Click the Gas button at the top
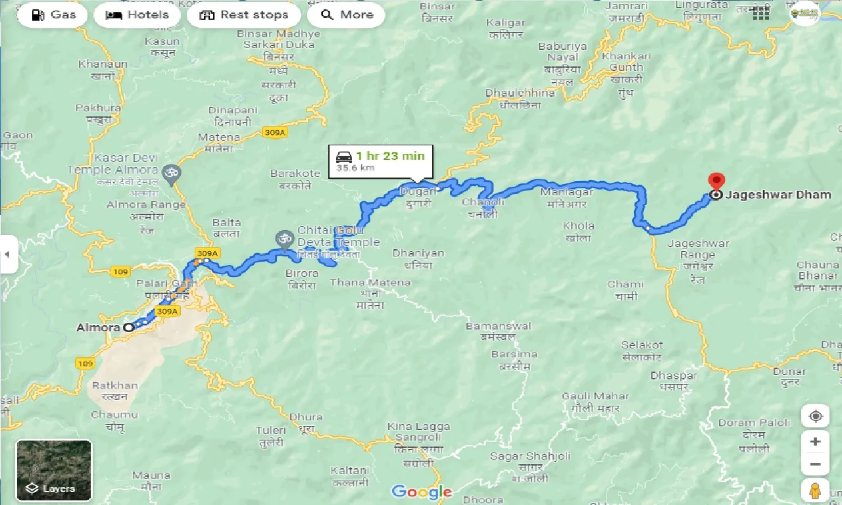click(x=53, y=14)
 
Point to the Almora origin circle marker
click(x=129, y=327)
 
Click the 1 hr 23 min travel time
click(x=390, y=156)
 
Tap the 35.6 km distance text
click(x=355, y=168)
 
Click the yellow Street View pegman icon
click(x=815, y=491)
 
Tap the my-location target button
click(x=815, y=416)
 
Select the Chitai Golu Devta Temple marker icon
click(x=284, y=237)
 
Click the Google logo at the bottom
click(x=421, y=492)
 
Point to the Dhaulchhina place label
click(x=520, y=93)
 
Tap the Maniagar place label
click(x=566, y=193)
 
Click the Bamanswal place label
click(x=498, y=326)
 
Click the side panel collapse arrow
click(x=8, y=254)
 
